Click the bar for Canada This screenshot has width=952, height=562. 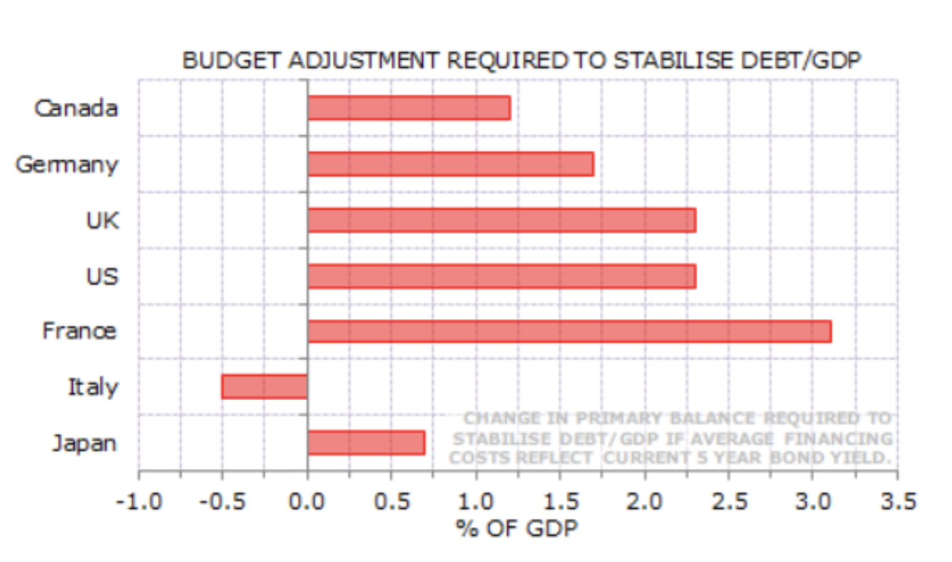tap(409, 108)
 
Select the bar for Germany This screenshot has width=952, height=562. tap(450, 164)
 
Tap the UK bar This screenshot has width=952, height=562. tap(501, 220)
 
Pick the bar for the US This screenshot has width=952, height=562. tap(501, 276)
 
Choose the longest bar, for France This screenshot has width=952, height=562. tap(569, 332)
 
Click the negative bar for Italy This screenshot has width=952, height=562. tap(265, 386)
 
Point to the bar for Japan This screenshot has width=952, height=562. tap(366, 443)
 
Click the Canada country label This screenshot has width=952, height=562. tap(76, 108)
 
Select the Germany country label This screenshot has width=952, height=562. tap(67, 165)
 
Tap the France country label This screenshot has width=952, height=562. tap(79, 332)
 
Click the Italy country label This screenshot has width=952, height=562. tap(93, 388)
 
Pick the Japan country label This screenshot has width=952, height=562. tap(84, 444)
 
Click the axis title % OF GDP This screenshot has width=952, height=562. tap(517, 528)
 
